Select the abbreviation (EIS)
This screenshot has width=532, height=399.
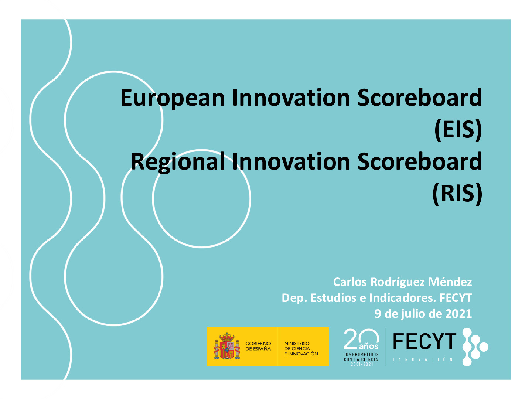(x=458, y=130)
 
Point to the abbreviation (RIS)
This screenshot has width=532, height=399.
(x=457, y=194)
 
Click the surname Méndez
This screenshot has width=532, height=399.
(x=450, y=282)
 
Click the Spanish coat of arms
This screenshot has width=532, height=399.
(x=226, y=346)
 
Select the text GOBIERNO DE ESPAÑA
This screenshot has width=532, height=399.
(x=258, y=346)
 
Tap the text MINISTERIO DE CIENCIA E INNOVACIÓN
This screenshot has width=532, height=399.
(x=301, y=349)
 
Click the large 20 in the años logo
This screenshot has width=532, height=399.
(x=361, y=338)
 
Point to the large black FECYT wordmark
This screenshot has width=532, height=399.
(x=424, y=341)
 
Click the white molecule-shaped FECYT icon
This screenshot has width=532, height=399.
(x=475, y=347)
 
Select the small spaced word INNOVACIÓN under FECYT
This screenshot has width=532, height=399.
(x=423, y=359)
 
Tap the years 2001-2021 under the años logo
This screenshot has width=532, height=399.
(x=362, y=364)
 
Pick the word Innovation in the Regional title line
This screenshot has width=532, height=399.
(x=291, y=161)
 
